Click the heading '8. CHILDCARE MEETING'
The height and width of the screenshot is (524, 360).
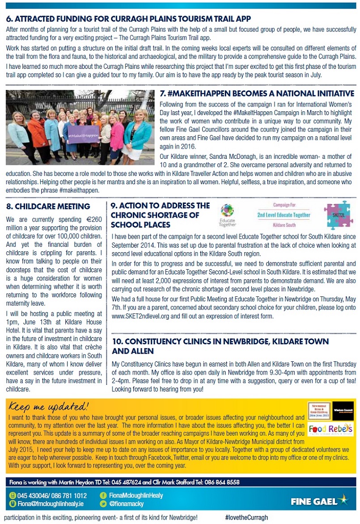pyautogui.click(x=49, y=207)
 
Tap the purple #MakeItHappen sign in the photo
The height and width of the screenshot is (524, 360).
pyautogui.click(x=84, y=135)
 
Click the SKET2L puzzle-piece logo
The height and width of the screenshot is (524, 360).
pyautogui.click(x=338, y=215)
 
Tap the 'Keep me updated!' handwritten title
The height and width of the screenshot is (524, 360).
pyautogui.click(x=49, y=406)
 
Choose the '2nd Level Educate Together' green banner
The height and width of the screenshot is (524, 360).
pyautogui.click(x=284, y=215)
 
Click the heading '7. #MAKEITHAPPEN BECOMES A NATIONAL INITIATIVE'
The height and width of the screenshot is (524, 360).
pyautogui.click(x=257, y=93)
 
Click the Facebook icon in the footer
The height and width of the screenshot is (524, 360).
pyautogui.click(x=103, y=496)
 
